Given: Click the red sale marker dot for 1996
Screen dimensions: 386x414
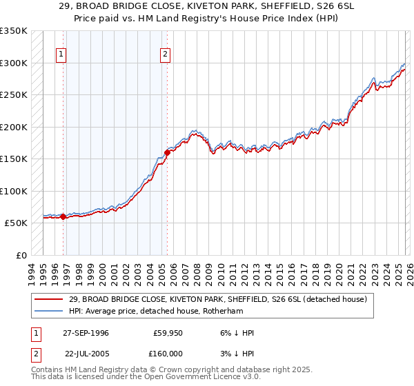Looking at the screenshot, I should pyautogui.click(x=63, y=216).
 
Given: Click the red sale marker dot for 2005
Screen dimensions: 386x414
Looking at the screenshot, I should pyautogui.click(x=167, y=152).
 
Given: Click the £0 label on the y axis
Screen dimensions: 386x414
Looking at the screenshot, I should pyautogui.click(x=21, y=255).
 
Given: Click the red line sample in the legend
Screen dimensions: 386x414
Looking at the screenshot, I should pyautogui.click(x=49, y=298).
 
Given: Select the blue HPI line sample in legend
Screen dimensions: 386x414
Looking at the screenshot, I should pyautogui.click(x=49, y=310).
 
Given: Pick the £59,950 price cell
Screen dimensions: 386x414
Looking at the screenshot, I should pyautogui.click(x=166, y=333).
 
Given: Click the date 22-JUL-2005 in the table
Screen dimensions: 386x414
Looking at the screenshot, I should pyautogui.click(x=85, y=353).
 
